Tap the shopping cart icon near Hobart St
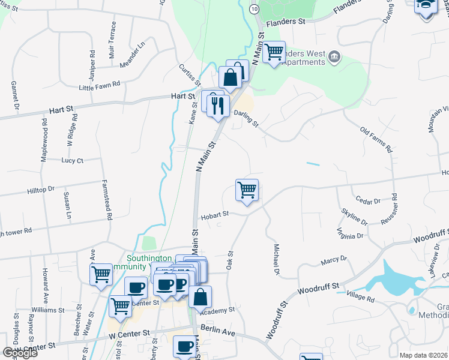tap(247, 191)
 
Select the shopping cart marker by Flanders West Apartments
tap(274, 53)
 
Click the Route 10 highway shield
tap(255, 10)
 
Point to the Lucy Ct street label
tap(72, 160)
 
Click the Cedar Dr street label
tap(368, 202)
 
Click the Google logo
tap(20, 352)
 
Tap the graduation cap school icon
tap(425, 7)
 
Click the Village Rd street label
tap(360, 298)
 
